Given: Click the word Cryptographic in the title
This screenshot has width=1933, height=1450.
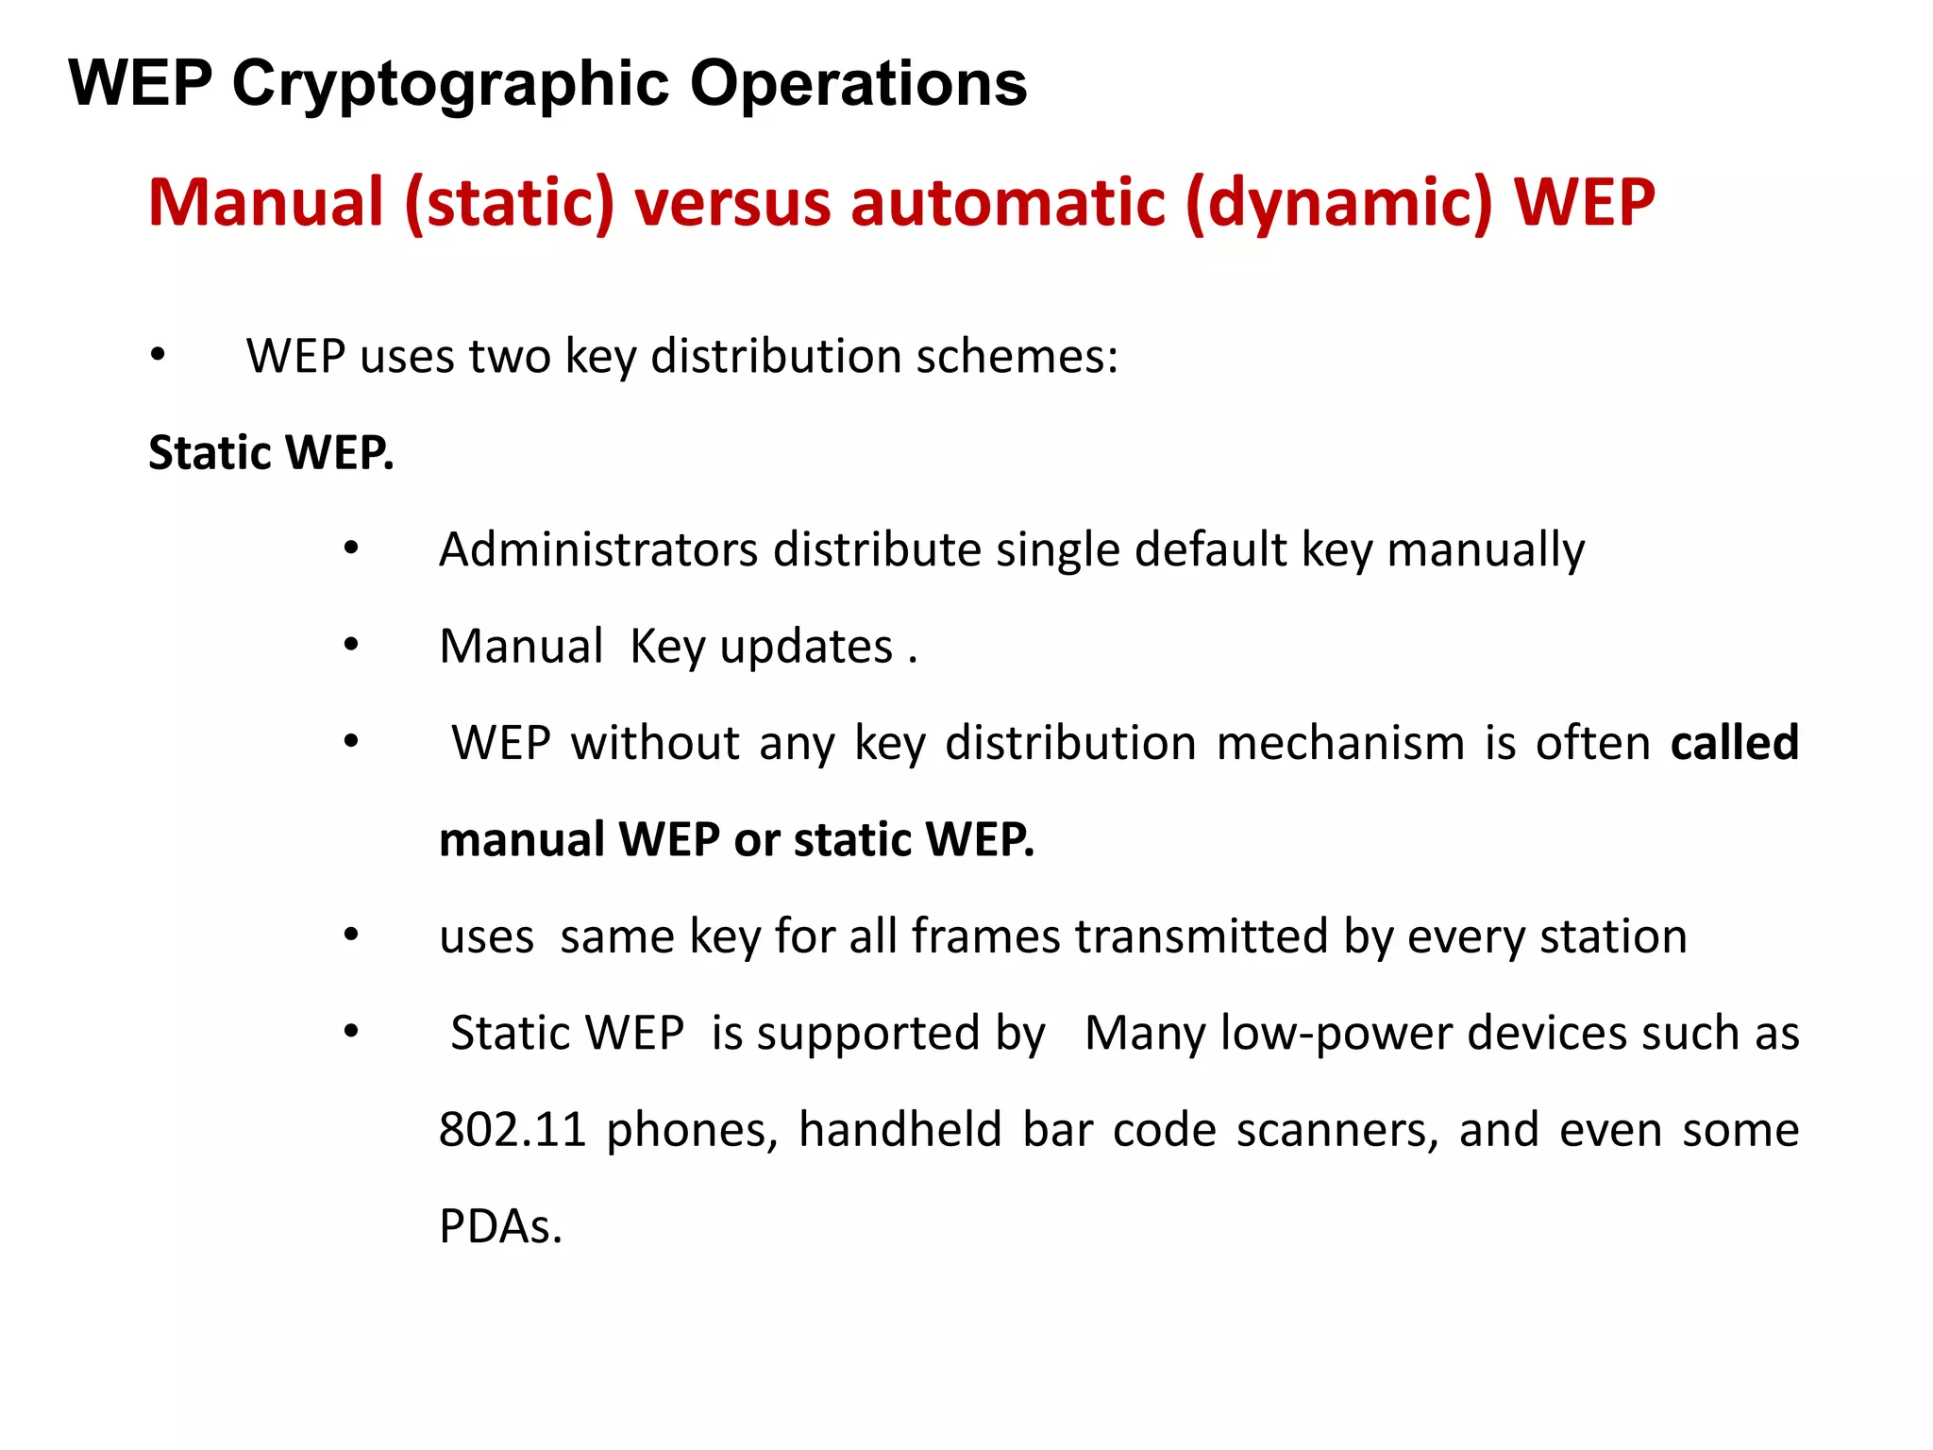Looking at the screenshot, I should point(450,85).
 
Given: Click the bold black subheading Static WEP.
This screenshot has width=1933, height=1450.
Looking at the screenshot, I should point(271,453).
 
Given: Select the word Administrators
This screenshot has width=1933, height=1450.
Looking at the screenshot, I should point(598,549).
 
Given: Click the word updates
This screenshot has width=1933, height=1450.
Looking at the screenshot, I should point(807,648).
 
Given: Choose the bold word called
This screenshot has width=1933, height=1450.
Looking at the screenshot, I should point(1735,743).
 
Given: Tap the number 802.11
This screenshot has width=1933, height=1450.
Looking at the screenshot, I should point(513,1130).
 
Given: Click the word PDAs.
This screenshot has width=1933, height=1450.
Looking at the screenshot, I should point(500,1226).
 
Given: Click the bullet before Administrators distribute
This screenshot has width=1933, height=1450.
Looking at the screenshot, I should point(351,548).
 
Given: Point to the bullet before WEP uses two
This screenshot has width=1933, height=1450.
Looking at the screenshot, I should point(158,356).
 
